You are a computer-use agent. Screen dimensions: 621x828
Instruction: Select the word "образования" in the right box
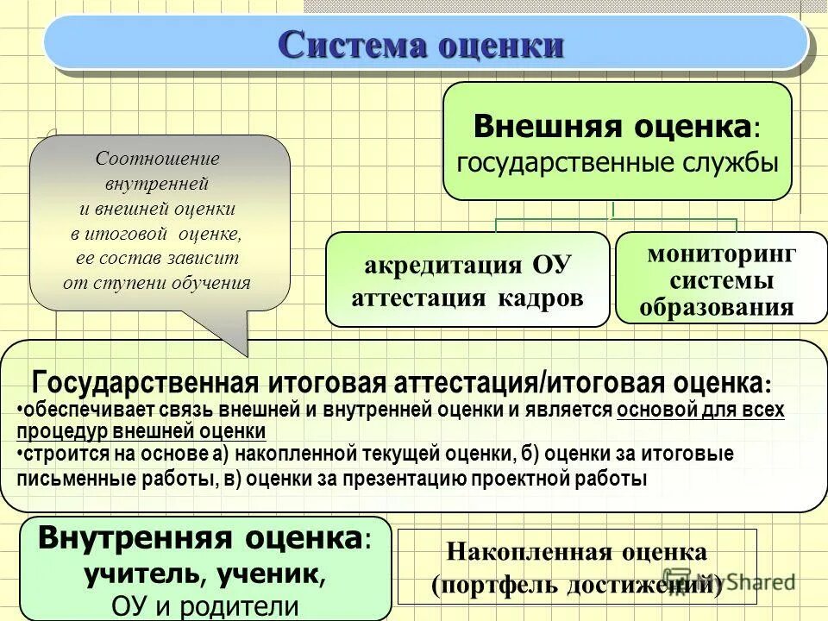pyautogui.click(x=721, y=308)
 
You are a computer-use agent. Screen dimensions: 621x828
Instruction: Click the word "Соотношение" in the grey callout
pyautogui.click(x=157, y=159)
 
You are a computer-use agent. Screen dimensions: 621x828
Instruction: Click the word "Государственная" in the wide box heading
pyautogui.click(x=145, y=382)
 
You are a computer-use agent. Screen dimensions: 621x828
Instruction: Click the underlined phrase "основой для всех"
pyautogui.click(x=700, y=410)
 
